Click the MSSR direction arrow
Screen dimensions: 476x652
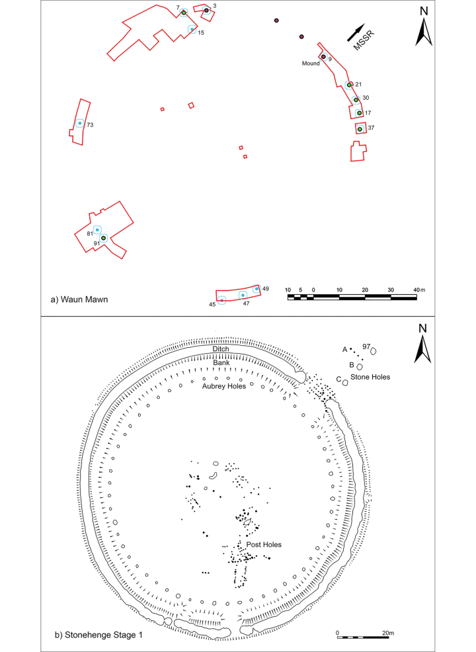(x=356, y=33)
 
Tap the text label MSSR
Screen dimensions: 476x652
(x=364, y=41)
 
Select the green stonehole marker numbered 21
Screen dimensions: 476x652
(x=349, y=85)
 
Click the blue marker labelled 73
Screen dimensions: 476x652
(x=79, y=124)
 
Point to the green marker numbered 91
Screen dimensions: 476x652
(x=104, y=238)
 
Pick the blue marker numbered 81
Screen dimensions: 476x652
(x=97, y=229)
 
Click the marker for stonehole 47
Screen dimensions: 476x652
(x=243, y=295)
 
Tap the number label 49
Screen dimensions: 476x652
(x=266, y=288)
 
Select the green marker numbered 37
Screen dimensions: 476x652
(x=360, y=129)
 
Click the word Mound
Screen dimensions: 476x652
(x=311, y=63)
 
